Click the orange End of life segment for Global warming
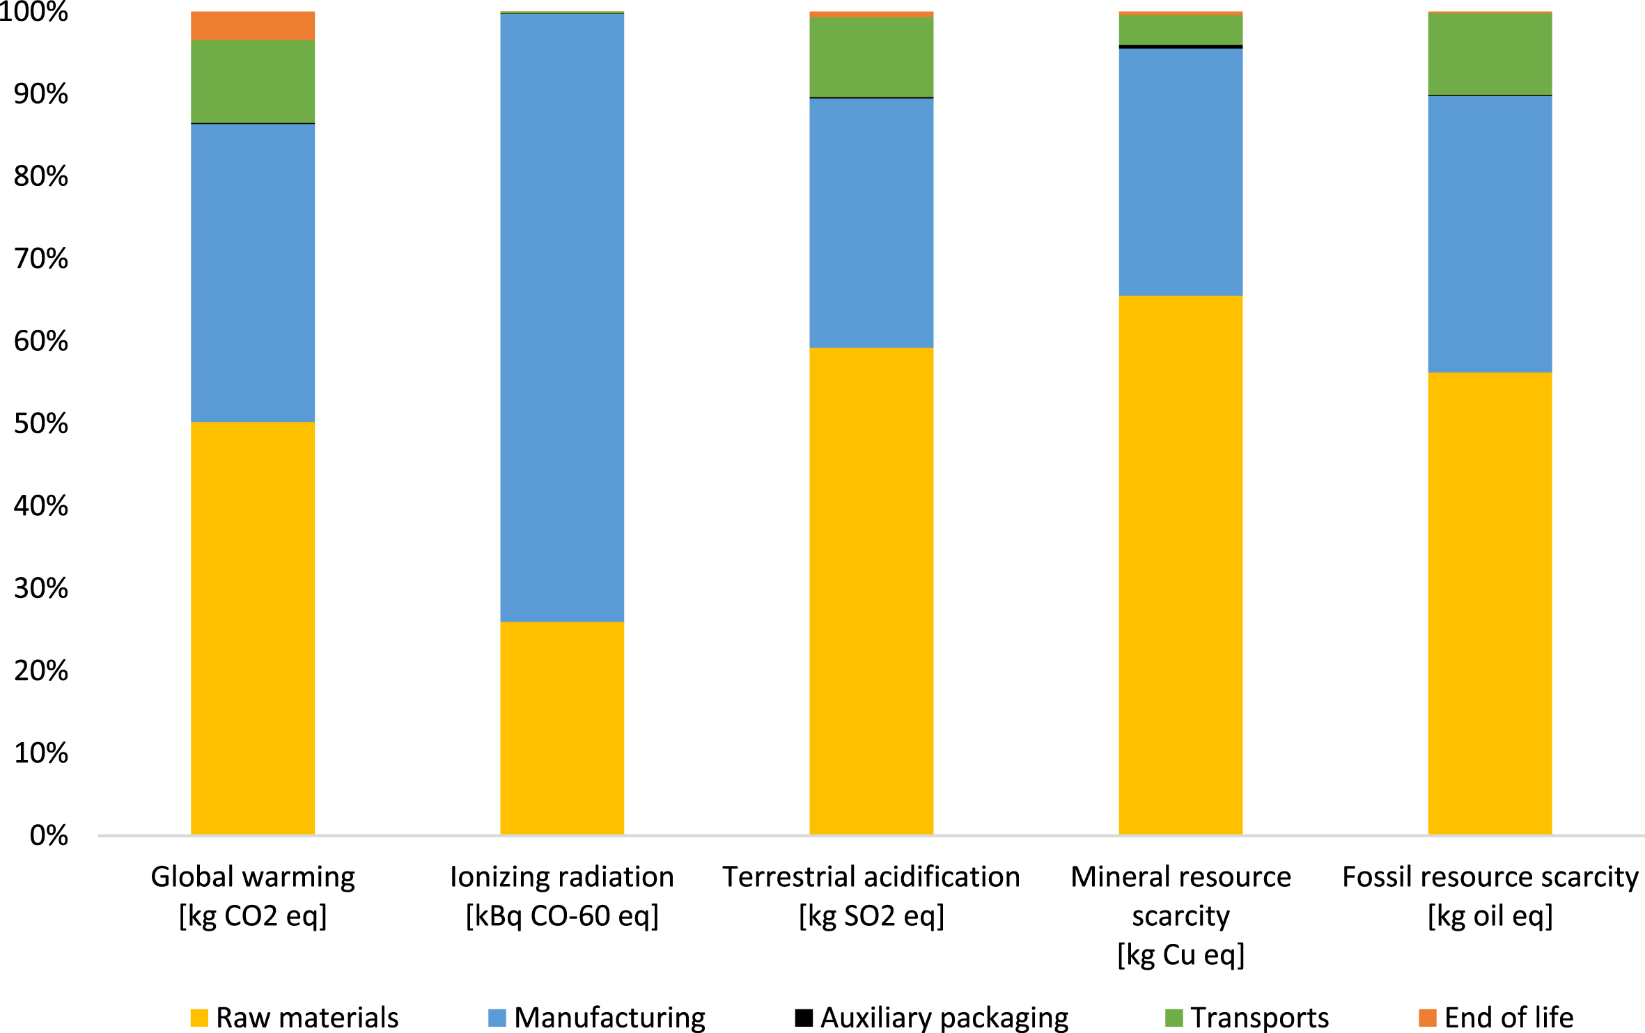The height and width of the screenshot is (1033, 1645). pos(253,26)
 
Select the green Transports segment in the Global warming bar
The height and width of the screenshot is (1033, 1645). pos(253,81)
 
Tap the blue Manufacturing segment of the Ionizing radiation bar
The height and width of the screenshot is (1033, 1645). pos(562,317)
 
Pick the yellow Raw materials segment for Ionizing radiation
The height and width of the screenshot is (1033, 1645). pos(562,728)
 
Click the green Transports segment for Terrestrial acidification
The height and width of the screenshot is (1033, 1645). pos(871,57)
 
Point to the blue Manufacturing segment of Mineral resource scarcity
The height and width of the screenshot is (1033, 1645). pos(1180,172)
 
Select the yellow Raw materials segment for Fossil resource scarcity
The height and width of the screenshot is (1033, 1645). pos(1490,604)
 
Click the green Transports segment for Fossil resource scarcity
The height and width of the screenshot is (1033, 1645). pos(1490,54)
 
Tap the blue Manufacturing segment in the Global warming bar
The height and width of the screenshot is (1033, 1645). pos(253,273)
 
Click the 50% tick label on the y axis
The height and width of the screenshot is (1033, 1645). pos(40,423)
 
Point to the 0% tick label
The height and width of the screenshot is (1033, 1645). pos(49,835)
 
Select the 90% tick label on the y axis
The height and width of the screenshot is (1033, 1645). pos(40,94)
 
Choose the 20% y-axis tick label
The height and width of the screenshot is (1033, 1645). pos(40,670)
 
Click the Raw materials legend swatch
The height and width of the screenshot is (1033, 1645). pos(199,1018)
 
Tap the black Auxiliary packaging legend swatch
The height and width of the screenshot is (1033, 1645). pos(804,1018)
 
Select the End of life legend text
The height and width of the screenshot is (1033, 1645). pos(1509,1018)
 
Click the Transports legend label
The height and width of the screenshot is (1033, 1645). pos(1260,1018)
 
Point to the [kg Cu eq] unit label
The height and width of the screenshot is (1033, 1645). pos(1181,954)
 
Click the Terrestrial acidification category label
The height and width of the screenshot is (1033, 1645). pos(871,876)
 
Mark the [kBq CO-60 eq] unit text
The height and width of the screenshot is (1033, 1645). pos(562,915)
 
